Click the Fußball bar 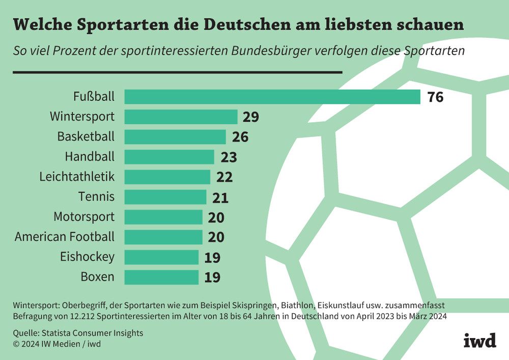(x=272, y=97)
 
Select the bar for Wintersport (x=181, y=117)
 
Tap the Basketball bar (x=175, y=137)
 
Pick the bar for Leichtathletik (x=167, y=177)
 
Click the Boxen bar (x=161, y=278)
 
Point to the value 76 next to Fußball (x=435, y=97)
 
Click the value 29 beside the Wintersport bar (x=250, y=117)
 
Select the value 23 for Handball (x=229, y=157)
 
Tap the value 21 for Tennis (x=220, y=197)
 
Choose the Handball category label (x=90, y=156)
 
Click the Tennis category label (x=96, y=197)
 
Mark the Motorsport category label (x=84, y=217)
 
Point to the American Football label (x=65, y=237)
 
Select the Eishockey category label (x=87, y=257)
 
